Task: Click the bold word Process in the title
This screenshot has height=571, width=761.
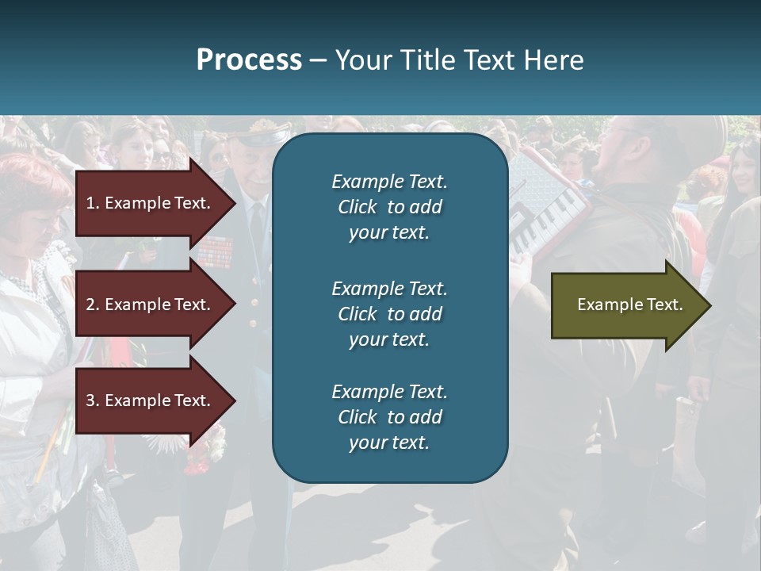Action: click(x=249, y=60)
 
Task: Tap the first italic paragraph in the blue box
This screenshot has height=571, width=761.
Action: click(x=389, y=207)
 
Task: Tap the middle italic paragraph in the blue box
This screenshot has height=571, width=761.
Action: click(x=389, y=313)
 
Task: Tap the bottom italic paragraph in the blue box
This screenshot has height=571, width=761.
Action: click(x=389, y=417)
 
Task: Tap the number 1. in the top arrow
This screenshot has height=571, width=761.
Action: click(x=93, y=203)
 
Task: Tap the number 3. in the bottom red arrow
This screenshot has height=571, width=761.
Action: click(x=93, y=400)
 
